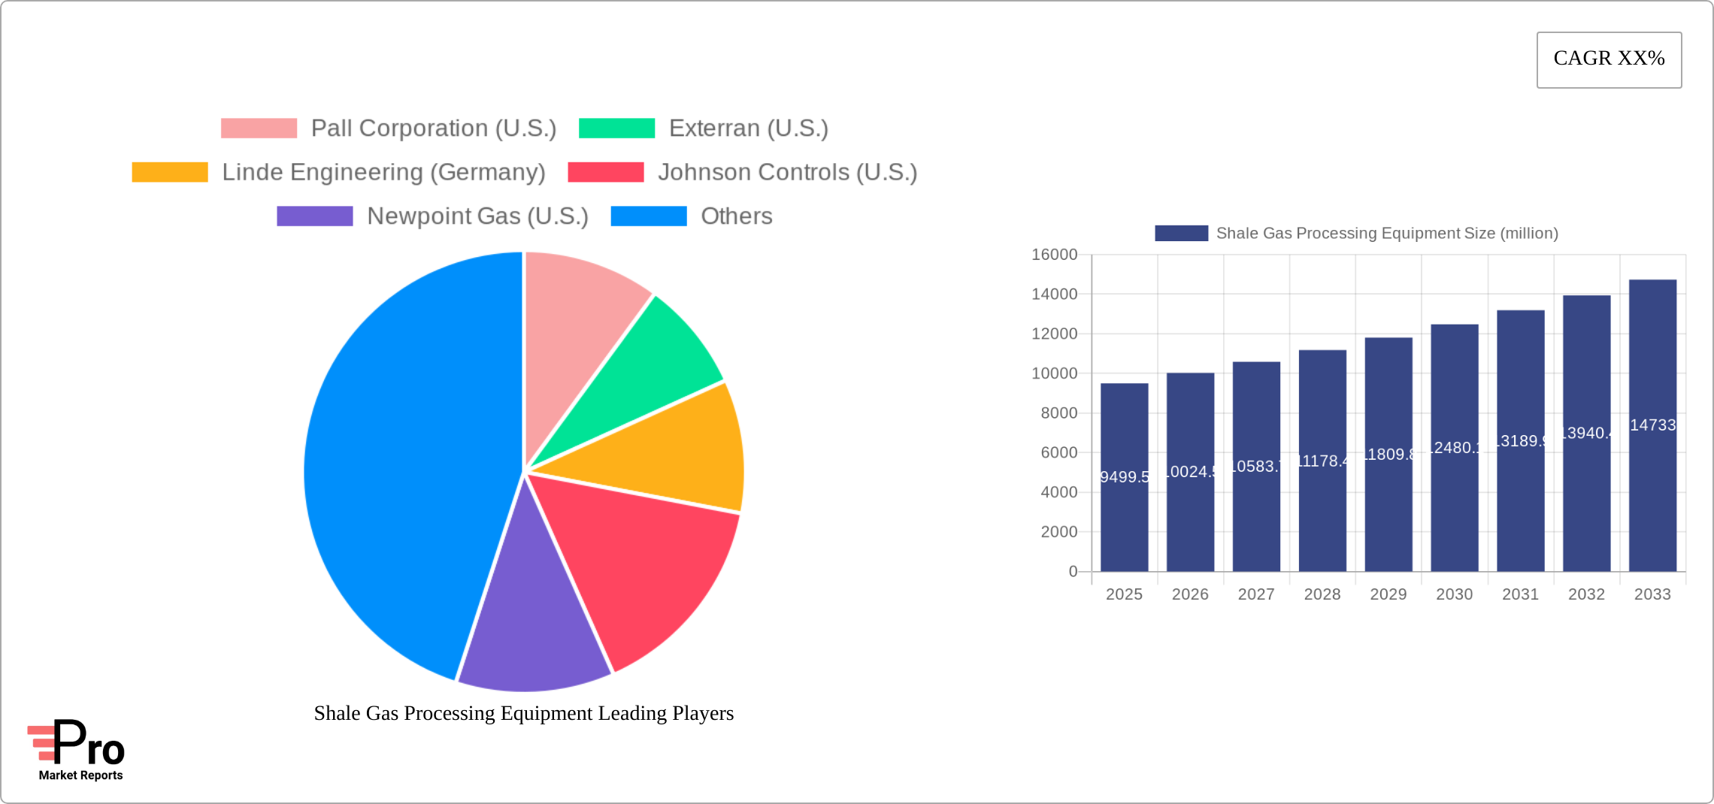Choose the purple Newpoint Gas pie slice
tap(534, 624)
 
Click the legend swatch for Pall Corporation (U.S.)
tap(259, 128)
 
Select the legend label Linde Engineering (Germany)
tap(383, 172)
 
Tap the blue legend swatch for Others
tap(648, 216)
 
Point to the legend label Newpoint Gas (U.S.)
tap(477, 216)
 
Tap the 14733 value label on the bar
tap(1652, 425)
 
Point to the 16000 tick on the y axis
tap(1054, 255)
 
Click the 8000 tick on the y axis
tap(1058, 413)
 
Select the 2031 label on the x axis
tap(1520, 594)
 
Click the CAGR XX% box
tap(1609, 59)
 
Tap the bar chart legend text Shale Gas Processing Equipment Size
tap(1387, 234)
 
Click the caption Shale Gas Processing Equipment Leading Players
tap(524, 713)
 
